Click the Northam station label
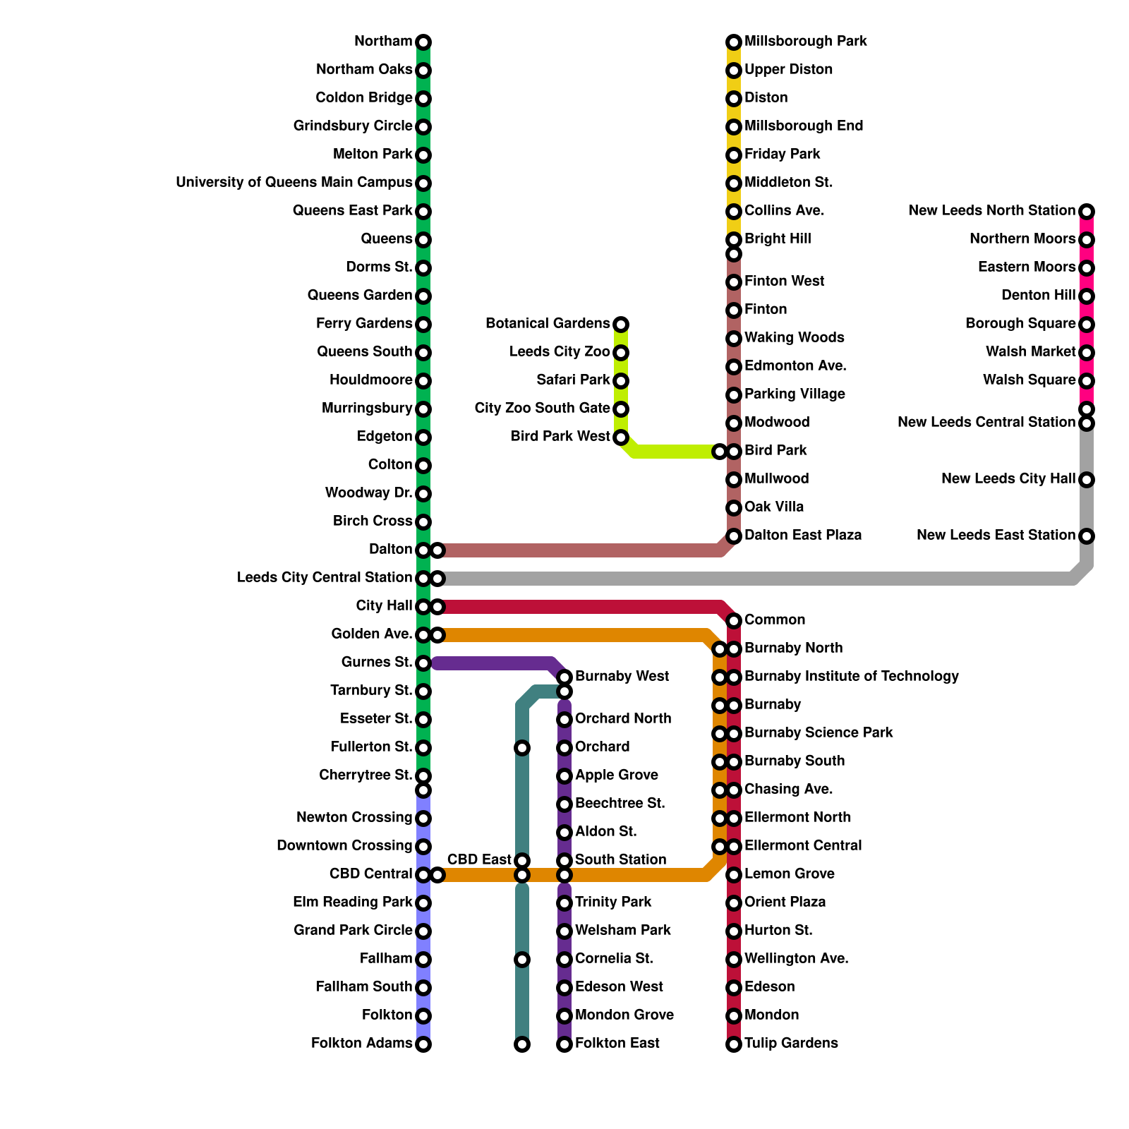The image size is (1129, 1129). [x=382, y=42]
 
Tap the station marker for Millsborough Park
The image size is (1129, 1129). [x=734, y=42]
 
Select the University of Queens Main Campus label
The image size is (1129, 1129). [x=294, y=183]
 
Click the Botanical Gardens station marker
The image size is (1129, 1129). [x=621, y=325]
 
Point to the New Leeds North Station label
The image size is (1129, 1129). [x=991, y=211]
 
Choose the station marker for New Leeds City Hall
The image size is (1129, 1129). [x=1087, y=480]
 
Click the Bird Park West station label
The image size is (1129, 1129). [x=560, y=437]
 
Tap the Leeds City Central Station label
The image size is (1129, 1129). [x=324, y=578]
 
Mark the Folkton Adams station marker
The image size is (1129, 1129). [x=423, y=1044]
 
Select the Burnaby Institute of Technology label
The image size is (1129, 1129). [x=851, y=677]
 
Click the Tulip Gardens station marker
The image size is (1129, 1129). [x=734, y=1044]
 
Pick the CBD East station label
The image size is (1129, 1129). [x=479, y=859]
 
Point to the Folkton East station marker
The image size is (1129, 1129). [x=564, y=1044]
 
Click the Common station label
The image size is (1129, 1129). [x=774, y=620]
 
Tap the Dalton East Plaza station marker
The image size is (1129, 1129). [x=734, y=536]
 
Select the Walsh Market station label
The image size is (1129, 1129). [x=1030, y=352]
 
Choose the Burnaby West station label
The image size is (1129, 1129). [x=622, y=677]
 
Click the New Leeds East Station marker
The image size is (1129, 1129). [x=1087, y=536]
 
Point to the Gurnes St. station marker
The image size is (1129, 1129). [x=423, y=663]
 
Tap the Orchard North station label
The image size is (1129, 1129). [x=622, y=719]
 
